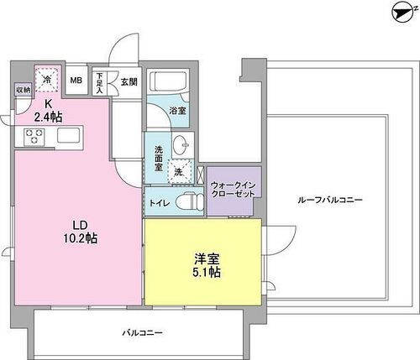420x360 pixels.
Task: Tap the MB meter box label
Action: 76,81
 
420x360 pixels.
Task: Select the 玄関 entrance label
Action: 129,81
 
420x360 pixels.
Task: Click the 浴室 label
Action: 177,110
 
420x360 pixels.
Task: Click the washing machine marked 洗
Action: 179,172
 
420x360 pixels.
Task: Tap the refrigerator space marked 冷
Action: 47,77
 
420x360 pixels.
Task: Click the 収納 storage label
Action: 22,89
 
